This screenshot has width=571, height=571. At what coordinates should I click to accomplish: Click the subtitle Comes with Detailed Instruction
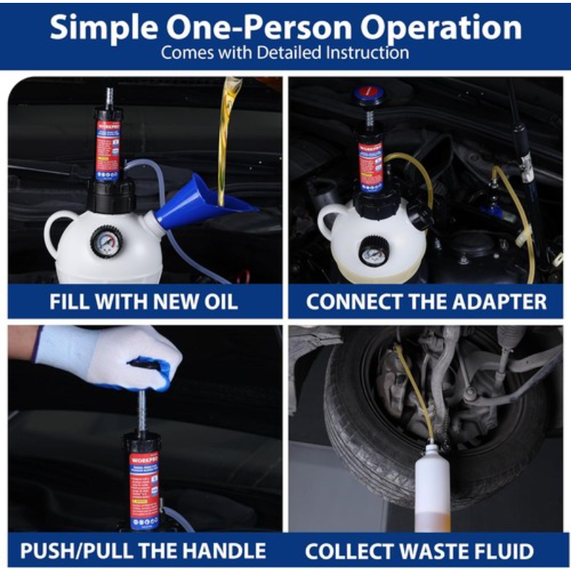click(x=285, y=53)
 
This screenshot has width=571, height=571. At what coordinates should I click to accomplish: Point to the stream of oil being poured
click(x=227, y=136)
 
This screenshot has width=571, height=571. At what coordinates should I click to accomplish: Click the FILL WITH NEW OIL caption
click(x=143, y=301)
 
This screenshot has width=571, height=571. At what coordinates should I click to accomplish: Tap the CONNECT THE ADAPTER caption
click(x=426, y=301)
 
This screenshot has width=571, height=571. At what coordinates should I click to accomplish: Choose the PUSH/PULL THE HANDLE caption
click(x=143, y=551)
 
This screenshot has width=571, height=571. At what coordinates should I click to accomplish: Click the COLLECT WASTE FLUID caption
click(x=419, y=551)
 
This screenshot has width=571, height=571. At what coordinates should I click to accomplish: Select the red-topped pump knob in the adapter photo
click(x=370, y=93)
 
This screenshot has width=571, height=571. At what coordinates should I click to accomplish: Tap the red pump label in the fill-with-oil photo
click(x=108, y=151)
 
